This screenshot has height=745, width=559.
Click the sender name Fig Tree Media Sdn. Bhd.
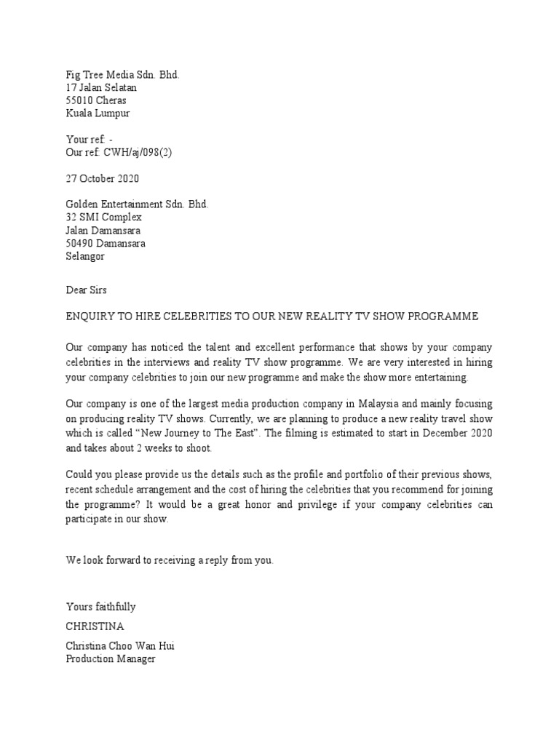pyautogui.click(x=122, y=75)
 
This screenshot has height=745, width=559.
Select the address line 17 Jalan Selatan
pyautogui.click(x=101, y=88)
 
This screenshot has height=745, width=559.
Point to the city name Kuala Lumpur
pyautogui.click(x=98, y=114)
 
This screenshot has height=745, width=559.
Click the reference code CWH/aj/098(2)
pyautogui.click(x=136, y=152)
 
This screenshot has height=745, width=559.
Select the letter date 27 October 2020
pyautogui.click(x=102, y=178)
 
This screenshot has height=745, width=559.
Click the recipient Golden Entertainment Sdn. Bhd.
pyautogui.click(x=138, y=204)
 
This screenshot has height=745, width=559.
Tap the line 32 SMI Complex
pyautogui.click(x=103, y=218)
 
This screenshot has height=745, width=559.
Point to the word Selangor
pyautogui.click(x=86, y=257)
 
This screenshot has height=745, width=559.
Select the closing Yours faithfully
pyautogui.click(x=100, y=607)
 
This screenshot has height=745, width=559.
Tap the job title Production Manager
pyautogui.click(x=111, y=659)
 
